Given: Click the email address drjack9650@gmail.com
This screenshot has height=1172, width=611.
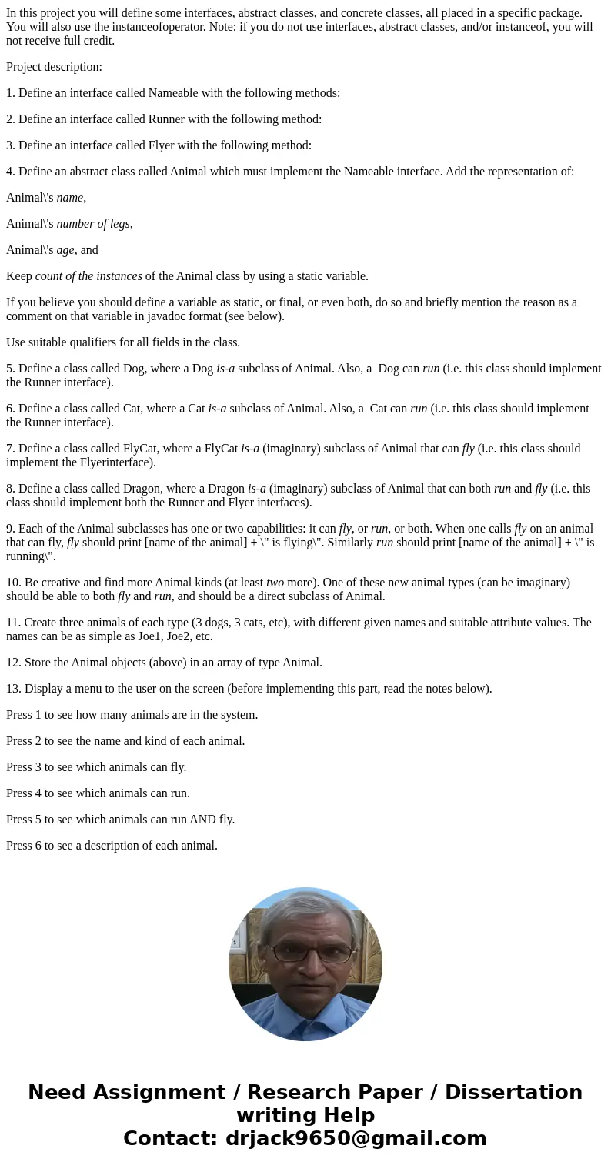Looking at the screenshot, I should coord(356,1138).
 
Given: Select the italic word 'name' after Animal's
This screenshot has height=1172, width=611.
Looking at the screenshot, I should coord(69,198).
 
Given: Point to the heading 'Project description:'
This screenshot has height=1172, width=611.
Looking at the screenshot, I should coord(54,67).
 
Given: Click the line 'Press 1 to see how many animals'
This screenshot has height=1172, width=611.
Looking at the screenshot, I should coord(132,715).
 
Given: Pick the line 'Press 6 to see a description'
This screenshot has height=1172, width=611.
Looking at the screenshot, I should coord(112,846).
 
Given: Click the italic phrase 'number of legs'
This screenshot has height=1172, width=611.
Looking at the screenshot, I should coord(92,224).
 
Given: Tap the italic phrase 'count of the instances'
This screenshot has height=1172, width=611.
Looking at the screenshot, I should coord(88,276).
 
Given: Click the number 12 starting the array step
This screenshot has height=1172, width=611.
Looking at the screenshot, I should coord(12,663).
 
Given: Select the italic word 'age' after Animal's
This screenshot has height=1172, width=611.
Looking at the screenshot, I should coord(65,250).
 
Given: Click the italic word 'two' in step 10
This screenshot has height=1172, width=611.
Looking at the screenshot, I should coord(275,583).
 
